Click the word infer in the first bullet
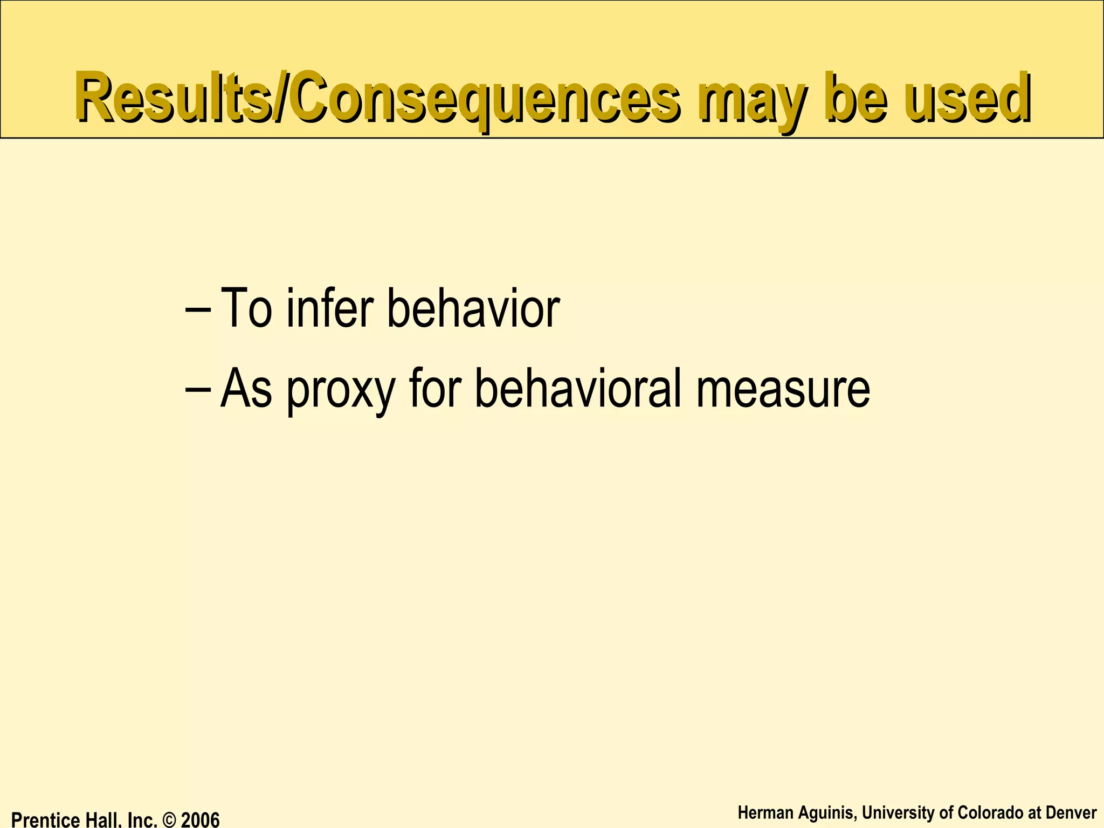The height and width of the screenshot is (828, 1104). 329,308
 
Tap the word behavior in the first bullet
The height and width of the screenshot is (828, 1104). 473,308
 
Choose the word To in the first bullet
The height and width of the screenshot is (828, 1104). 246,308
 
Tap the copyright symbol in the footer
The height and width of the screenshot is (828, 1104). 169,820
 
